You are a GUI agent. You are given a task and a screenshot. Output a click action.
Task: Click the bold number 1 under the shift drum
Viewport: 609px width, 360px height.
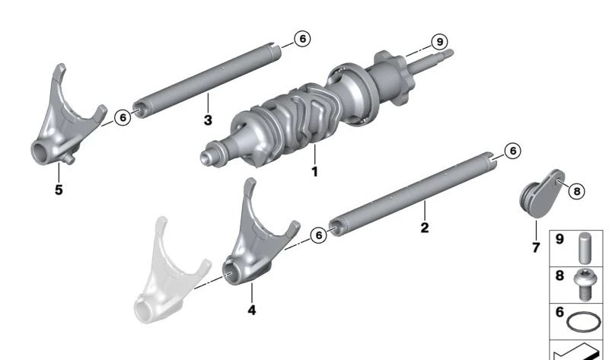coord(314,171)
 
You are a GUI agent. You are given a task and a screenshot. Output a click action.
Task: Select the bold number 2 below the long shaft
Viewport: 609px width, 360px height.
coord(425,227)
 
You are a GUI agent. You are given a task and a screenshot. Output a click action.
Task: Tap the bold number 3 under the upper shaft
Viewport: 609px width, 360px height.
coord(208,120)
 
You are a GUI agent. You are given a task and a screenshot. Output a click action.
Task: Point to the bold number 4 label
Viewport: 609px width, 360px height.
coord(252,310)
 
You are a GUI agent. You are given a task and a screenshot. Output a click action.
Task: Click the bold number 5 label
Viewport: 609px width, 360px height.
coord(59,190)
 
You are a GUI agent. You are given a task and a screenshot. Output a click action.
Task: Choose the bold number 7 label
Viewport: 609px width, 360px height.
coord(536,247)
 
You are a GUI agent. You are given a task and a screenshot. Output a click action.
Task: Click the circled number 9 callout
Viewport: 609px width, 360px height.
coord(439,42)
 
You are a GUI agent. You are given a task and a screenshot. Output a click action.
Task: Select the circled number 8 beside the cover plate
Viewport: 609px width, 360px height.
coord(576,191)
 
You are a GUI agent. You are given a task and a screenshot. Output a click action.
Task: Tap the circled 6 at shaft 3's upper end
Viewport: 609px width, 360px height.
coord(302,39)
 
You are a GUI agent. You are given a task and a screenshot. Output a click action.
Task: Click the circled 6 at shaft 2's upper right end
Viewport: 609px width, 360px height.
coord(512,151)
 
